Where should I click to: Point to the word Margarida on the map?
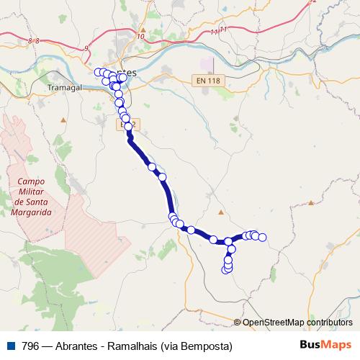coord(32,213)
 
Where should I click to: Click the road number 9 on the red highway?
coord(87,48)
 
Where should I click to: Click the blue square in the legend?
coord(9,346)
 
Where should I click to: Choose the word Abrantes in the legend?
coord(77,346)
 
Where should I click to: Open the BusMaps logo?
coord(325,346)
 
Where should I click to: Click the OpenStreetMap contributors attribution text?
coord(297,323)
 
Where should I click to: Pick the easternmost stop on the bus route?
coord(263,237)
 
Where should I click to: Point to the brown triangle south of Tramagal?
coord(62,117)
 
